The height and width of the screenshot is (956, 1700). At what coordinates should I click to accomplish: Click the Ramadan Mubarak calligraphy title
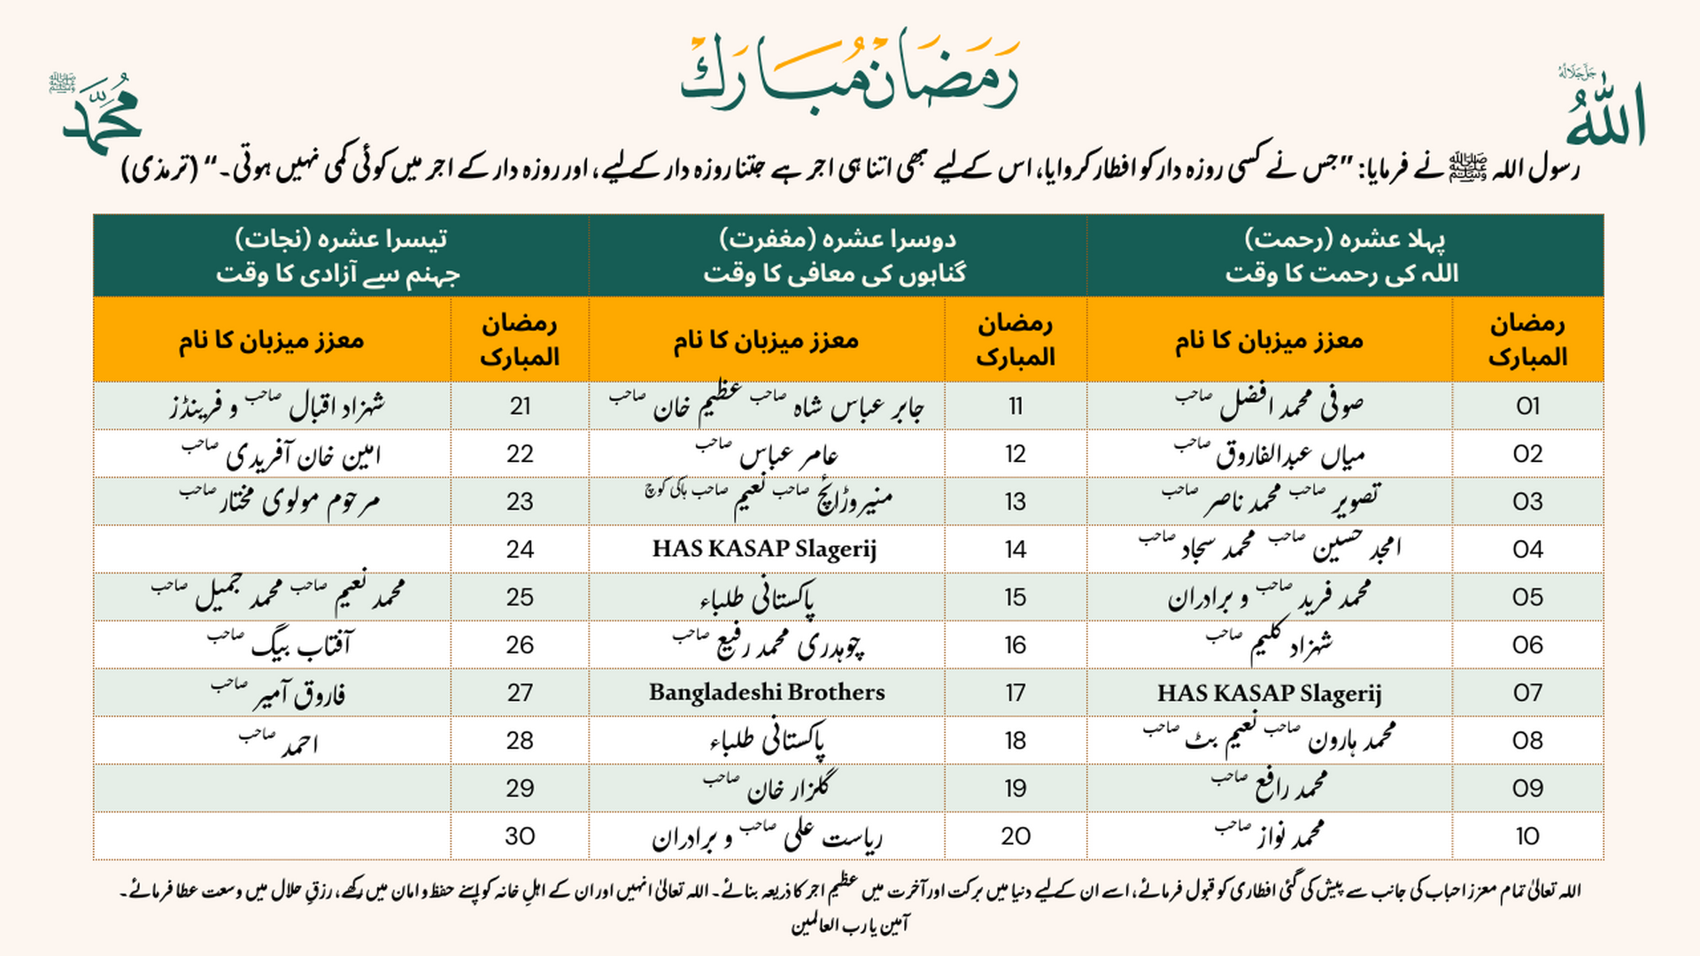[850, 73]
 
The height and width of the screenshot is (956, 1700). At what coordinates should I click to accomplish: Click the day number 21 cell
[520, 406]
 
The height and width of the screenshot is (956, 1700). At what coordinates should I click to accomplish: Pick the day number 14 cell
[1016, 550]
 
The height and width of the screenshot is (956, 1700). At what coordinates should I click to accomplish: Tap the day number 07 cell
[1527, 693]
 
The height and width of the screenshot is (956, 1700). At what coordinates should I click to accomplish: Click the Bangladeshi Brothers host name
[767, 693]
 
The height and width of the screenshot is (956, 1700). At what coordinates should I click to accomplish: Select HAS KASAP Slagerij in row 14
[765, 550]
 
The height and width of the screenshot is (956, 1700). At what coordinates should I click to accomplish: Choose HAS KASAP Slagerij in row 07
[1269, 693]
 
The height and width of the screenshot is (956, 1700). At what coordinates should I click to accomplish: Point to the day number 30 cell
[520, 836]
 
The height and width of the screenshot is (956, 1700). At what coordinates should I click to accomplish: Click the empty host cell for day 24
[272, 550]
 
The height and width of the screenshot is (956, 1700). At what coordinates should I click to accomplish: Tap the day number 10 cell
[1527, 836]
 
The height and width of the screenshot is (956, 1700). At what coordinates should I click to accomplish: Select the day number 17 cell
[1016, 693]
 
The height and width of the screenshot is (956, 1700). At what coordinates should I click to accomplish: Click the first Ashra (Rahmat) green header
[1344, 256]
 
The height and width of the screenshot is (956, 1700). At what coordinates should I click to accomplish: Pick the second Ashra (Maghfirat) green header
[837, 256]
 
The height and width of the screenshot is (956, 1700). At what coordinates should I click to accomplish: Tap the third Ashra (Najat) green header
[341, 256]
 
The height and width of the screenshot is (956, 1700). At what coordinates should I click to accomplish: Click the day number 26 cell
[520, 645]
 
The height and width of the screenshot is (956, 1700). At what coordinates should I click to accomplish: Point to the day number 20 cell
[1016, 836]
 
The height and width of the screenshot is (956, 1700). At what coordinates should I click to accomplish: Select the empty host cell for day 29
[272, 789]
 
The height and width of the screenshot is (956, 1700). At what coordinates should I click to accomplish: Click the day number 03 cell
[1527, 502]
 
